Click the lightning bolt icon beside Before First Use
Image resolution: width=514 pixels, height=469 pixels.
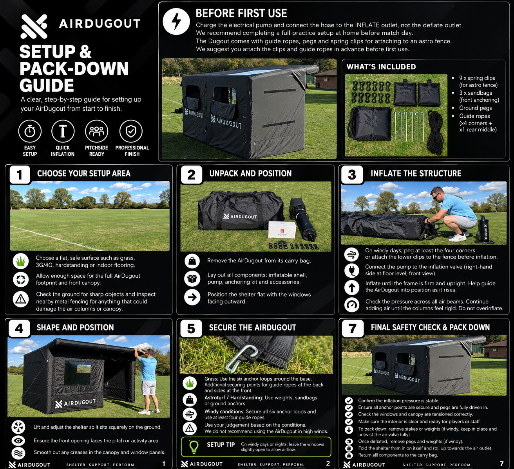pos(176,22)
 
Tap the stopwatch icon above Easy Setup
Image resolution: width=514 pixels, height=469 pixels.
pos(30,131)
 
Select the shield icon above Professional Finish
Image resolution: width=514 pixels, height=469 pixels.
pos(131,131)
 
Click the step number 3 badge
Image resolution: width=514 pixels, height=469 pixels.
pos(352,175)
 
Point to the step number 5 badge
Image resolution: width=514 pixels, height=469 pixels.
pos(191,329)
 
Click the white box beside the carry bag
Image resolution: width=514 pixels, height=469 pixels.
pos(282,230)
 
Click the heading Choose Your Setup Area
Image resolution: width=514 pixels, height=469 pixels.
pos(84,173)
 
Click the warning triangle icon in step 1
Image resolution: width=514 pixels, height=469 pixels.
pos(21,299)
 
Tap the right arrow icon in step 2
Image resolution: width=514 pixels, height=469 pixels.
pos(192,297)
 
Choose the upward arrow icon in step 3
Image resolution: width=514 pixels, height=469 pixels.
pos(351,288)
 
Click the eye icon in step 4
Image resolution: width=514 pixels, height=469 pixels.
pos(18,440)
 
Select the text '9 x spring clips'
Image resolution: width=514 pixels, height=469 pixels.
pos(477,78)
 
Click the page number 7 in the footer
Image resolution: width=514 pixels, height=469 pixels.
pos(501,464)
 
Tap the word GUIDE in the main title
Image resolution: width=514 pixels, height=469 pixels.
pos(47,85)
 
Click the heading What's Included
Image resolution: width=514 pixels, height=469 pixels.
pos(381,67)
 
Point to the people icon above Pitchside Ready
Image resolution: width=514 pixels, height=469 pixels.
pos(97,131)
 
